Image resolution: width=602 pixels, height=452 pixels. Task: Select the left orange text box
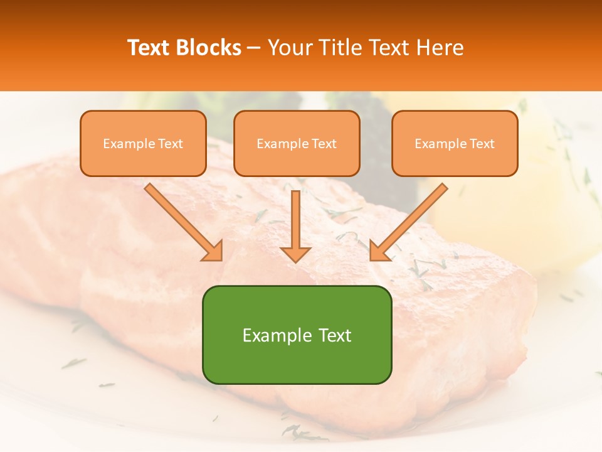[x=143, y=144]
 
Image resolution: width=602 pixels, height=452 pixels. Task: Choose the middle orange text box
[x=297, y=144]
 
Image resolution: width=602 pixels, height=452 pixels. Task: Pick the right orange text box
[x=455, y=144]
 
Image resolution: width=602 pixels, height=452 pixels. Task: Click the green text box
[x=297, y=335]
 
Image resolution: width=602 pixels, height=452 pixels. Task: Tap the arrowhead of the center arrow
[x=295, y=254]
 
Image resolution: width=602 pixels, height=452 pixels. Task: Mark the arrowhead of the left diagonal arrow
[x=213, y=251]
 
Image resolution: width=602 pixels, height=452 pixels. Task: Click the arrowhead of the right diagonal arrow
[x=379, y=251]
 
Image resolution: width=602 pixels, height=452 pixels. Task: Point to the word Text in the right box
[x=482, y=144]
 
